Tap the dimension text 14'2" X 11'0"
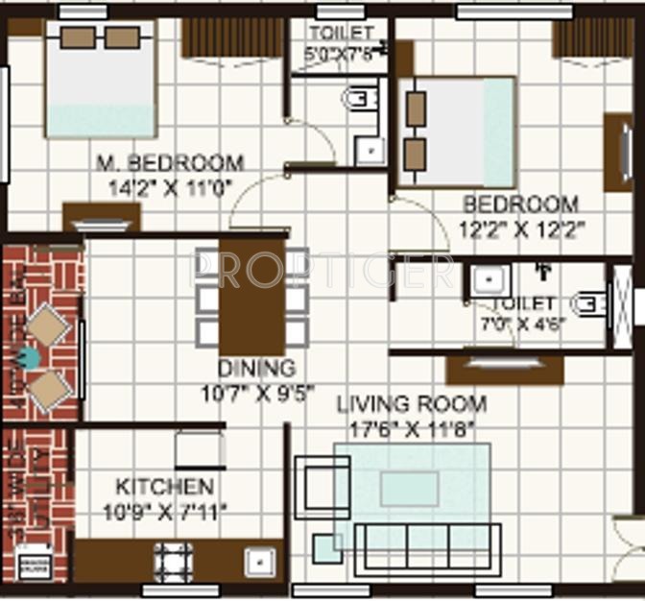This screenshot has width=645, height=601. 170,188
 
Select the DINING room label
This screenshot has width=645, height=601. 255,368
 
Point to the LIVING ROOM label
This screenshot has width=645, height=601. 411,404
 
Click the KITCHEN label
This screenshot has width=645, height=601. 164,486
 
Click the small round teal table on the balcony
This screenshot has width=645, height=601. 31,358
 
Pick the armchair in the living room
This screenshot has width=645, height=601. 322,485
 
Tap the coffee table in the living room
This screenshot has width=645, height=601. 410,488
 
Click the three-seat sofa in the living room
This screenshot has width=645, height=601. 426,550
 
